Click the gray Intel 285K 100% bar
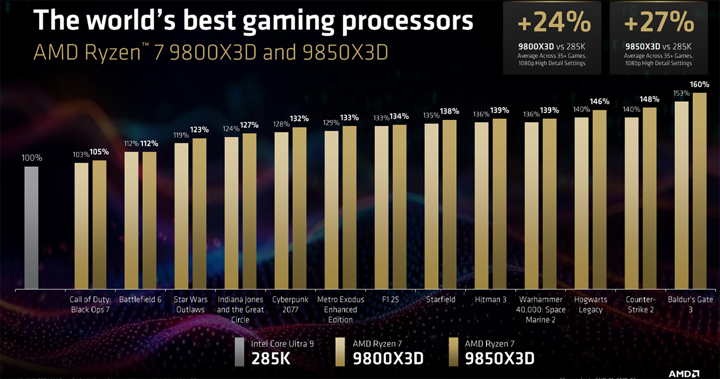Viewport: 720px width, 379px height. click(31, 227)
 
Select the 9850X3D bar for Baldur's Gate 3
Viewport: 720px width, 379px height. click(699, 191)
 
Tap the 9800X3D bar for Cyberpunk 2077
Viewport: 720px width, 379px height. click(281, 210)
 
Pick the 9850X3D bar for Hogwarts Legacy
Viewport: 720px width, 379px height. click(600, 199)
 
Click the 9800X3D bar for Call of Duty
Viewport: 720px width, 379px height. click(82, 225)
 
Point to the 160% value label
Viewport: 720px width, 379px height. click(700, 84)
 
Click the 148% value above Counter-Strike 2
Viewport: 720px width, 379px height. click(649, 100)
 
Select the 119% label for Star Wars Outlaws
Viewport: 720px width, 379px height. click(181, 136)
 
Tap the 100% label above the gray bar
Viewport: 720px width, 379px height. click(31, 158)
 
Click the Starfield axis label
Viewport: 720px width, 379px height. click(440, 300)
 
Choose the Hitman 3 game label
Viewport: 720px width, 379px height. click(490, 300)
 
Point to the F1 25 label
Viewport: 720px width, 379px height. click(390, 300)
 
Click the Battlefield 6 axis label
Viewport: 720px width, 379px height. click(140, 300)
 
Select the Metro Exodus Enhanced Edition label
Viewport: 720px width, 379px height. click(340, 309)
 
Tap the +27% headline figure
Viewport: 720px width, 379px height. click(659, 23)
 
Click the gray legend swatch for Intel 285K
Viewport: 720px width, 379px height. click(240, 351)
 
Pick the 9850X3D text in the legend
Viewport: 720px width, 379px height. click(499, 358)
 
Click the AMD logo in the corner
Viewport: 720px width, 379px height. click(684, 373)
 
